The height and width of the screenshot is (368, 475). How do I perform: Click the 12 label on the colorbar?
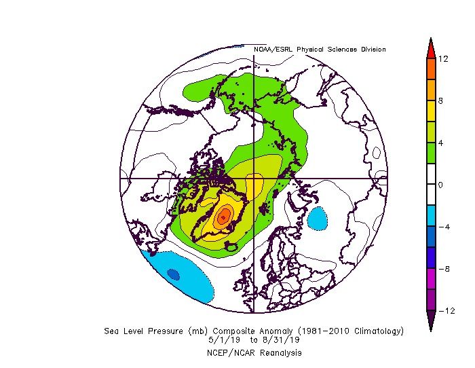[442, 59]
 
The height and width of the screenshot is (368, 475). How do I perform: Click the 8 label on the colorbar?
[440, 101]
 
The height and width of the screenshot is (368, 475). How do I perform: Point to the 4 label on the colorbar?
[440, 143]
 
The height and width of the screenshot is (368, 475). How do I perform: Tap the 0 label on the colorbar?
[440, 185]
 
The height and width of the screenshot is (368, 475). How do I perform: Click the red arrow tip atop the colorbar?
[430, 46]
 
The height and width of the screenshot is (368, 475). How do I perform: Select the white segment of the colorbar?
[430, 185]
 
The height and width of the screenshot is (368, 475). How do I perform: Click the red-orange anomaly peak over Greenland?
[224, 217]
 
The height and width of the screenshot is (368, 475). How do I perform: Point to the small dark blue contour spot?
[173, 274]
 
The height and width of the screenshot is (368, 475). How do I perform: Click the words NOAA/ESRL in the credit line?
[270, 50]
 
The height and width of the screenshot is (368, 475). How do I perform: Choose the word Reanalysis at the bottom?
[279, 353]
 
